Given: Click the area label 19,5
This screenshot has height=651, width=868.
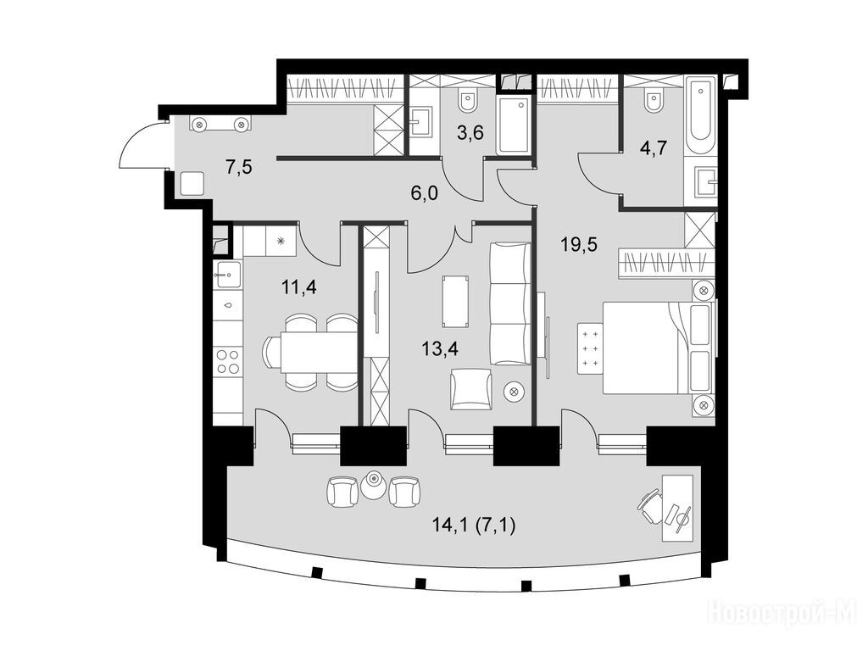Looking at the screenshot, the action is click(579, 243).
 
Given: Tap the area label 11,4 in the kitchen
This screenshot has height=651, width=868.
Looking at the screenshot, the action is click(299, 287).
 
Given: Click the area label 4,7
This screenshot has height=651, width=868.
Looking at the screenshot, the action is click(654, 148).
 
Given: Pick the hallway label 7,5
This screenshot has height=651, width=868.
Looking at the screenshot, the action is click(238, 167).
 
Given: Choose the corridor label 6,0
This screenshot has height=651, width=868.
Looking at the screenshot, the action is click(424, 193).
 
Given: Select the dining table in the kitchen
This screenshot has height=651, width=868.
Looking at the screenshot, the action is click(319, 352).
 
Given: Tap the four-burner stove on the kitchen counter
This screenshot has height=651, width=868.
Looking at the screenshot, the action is click(228, 361).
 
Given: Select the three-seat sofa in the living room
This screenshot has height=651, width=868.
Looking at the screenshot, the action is click(509, 303).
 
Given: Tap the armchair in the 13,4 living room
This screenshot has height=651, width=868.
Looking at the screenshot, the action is click(471, 389).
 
